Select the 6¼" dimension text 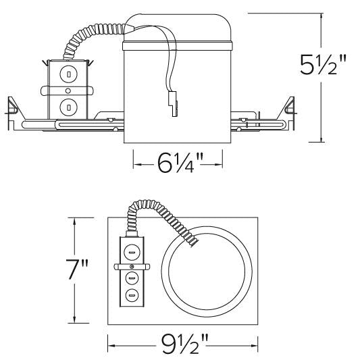(178, 162)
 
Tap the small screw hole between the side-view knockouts (68, 90)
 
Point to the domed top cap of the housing (178, 27)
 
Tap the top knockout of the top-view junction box (132, 252)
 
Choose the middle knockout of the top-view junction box (132, 278)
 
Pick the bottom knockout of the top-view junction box (132, 294)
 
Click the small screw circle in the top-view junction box (132, 266)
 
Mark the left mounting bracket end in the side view (14, 105)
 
